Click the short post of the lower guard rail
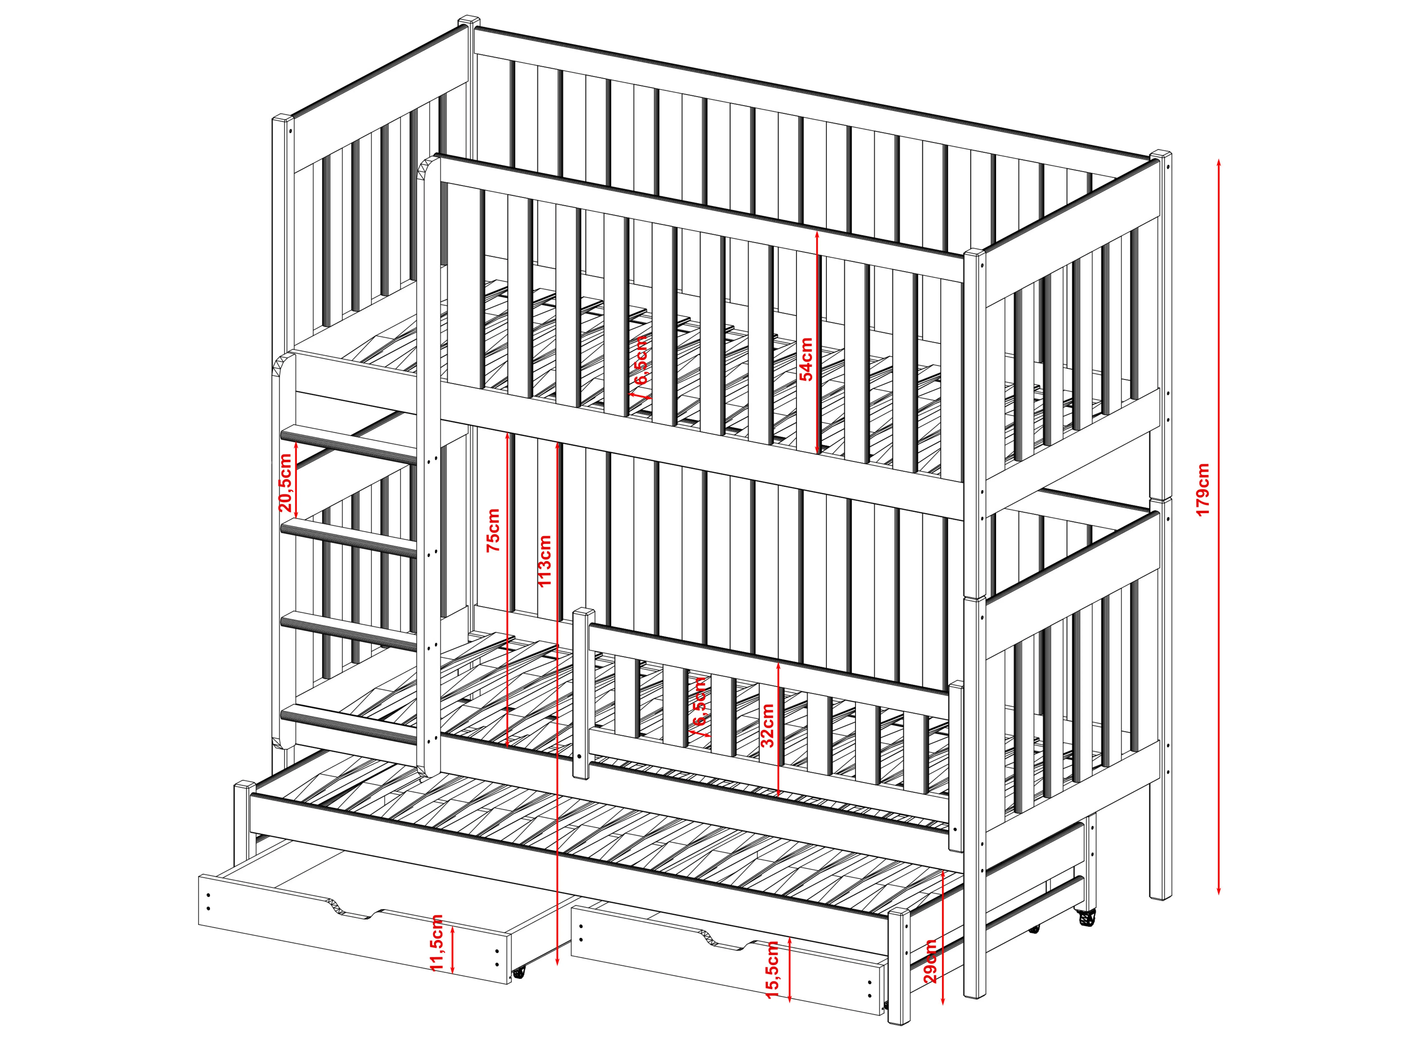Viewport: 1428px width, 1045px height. [583, 693]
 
